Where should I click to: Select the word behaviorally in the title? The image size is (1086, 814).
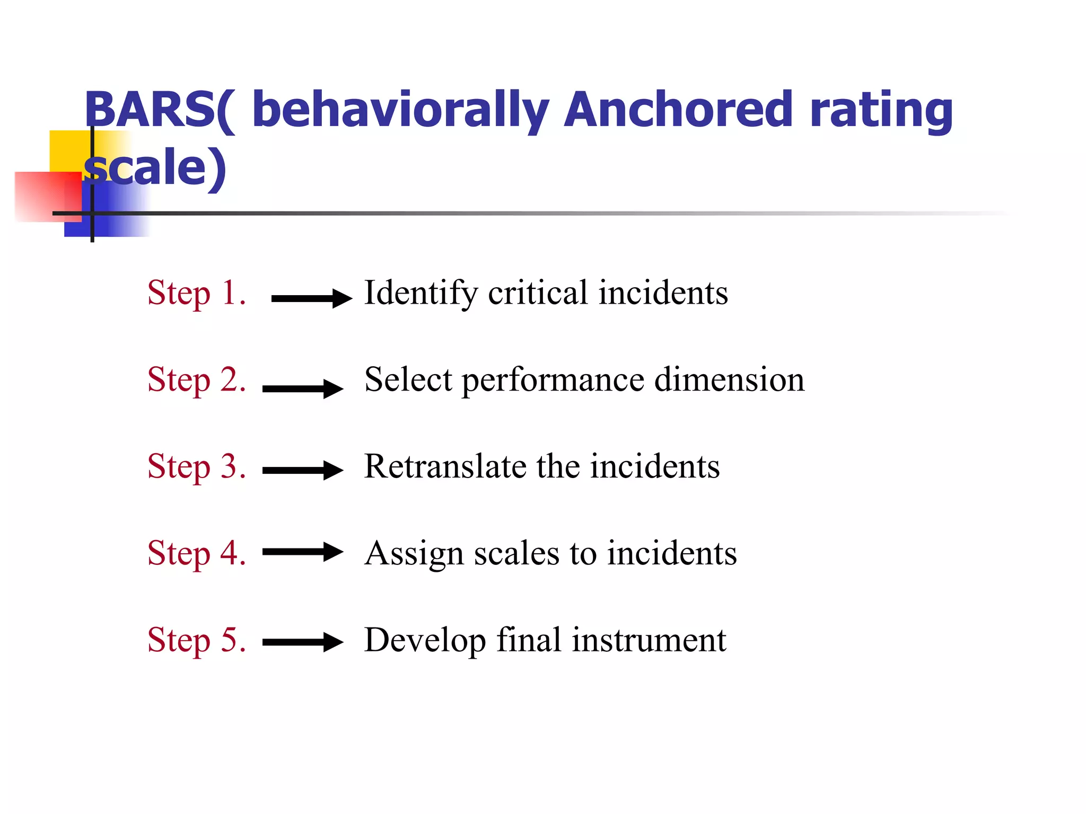point(400,110)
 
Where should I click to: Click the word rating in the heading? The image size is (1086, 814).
point(881,110)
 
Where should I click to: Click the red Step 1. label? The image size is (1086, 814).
point(197,293)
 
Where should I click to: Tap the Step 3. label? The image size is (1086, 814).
point(197,466)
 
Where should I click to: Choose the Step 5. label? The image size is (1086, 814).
point(197,640)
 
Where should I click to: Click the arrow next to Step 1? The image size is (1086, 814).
point(311,298)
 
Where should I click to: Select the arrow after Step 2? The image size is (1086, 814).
point(303,388)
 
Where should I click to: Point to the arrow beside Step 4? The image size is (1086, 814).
point(303,552)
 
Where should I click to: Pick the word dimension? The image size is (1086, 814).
point(729,379)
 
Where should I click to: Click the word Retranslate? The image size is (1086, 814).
point(445,466)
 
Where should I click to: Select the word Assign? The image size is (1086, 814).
point(414,554)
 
